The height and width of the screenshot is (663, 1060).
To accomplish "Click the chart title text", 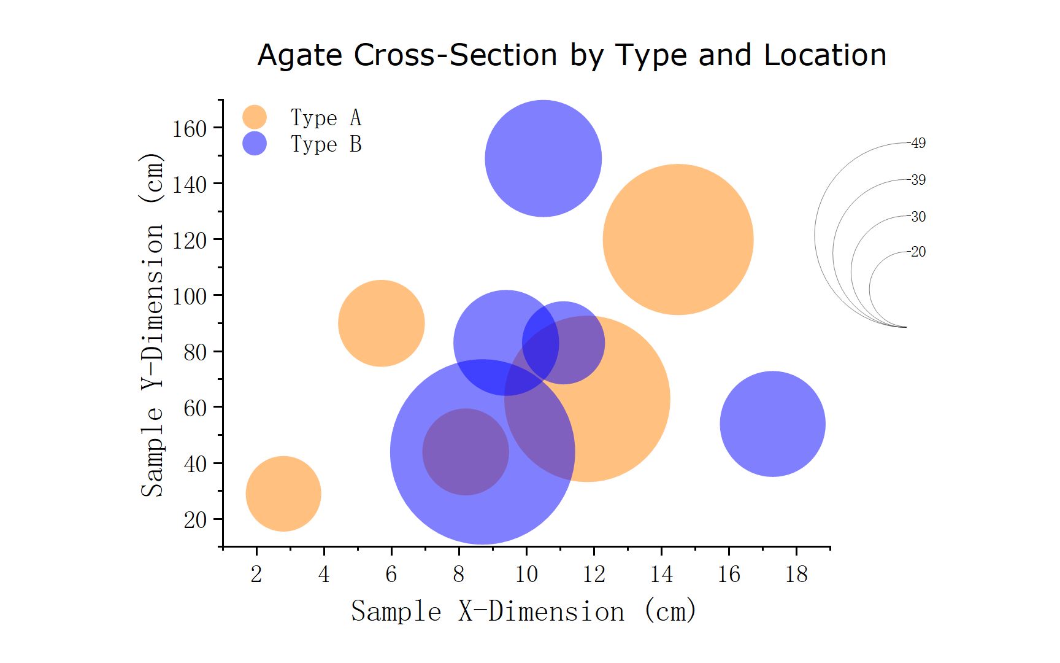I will (x=572, y=55).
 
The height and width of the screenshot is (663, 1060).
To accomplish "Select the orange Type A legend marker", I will (x=255, y=117).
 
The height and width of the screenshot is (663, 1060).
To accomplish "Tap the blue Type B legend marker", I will (x=255, y=144).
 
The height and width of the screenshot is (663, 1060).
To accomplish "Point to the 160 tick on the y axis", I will (x=190, y=129).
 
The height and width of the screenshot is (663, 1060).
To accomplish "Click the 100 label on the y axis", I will (x=190, y=297).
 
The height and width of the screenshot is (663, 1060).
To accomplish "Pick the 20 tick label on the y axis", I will (x=196, y=520).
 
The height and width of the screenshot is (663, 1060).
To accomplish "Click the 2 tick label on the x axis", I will (x=256, y=575).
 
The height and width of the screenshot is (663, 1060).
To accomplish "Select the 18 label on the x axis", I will (x=796, y=575).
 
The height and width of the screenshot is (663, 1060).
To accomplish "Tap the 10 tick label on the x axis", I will (x=526, y=575).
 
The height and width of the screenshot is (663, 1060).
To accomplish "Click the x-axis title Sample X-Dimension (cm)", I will (x=523, y=611).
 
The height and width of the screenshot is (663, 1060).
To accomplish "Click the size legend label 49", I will (x=918, y=143).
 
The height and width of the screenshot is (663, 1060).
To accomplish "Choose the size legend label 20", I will (x=918, y=252).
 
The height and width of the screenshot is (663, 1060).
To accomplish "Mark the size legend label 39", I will (x=918, y=180).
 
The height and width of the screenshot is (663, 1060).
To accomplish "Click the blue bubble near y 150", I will (x=543, y=158).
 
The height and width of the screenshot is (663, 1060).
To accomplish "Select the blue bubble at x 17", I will (x=772, y=424).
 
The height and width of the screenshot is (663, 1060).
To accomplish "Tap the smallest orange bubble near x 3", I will (x=283, y=494).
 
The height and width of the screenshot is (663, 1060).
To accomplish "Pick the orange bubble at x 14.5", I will (x=678, y=239).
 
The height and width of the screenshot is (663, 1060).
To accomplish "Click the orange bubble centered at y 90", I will (x=381, y=324).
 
